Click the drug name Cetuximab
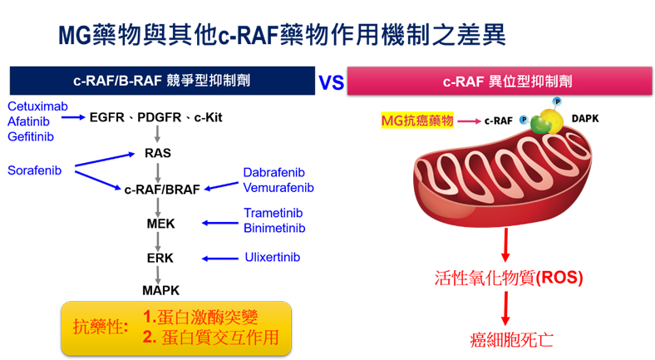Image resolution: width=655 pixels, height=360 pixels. tap(37, 106)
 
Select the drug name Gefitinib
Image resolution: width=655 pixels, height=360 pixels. tap(31, 136)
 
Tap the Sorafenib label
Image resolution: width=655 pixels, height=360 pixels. tap(34, 170)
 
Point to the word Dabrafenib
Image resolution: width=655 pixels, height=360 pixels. tap(274, 172)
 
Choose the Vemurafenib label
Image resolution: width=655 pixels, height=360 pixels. tap(278, 188)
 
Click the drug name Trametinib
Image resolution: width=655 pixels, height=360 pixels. tap(273, 213)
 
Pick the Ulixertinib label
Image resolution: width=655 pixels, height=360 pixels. tap(273, 257)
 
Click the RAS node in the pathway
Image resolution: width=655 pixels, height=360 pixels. tap(158, 153)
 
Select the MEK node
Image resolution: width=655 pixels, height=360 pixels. tap(160, 224)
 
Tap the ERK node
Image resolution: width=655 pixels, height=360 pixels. tap(160, 258)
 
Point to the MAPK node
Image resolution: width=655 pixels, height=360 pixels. tap(160, 290)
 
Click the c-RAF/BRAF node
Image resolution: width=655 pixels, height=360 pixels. tap(162, 190)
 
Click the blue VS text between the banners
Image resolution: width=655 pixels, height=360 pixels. tap(332, 82)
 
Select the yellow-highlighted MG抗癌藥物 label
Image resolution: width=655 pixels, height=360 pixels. tap(417, 121)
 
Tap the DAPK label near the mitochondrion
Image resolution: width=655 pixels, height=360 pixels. tap(585, 119)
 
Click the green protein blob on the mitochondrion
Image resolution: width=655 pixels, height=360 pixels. tap(540, 124)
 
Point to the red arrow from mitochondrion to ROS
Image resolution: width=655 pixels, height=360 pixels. tap(506, 244)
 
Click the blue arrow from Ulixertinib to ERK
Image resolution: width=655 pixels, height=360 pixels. tap(220, 259)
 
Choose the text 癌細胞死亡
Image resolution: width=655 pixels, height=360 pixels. tap(511, 340)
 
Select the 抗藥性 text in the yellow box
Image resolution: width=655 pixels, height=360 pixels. tap(101, 327)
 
